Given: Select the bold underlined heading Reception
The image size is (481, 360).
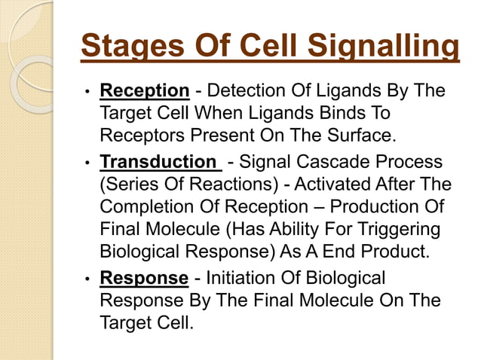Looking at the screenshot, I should (144, 92).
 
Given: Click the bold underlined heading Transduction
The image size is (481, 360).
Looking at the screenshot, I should (158, 162).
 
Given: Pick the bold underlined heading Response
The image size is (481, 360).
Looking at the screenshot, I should (144, 279).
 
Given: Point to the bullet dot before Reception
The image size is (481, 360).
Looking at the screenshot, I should (88, 93).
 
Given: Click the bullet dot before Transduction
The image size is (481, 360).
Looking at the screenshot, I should (88, 163).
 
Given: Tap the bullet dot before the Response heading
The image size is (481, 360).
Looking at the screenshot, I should (88, 279).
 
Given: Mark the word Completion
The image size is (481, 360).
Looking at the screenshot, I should (142, 207).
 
